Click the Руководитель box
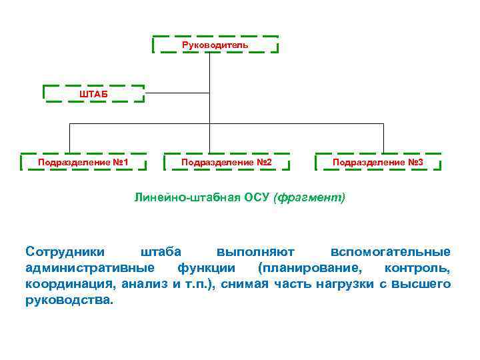tap(215, 45)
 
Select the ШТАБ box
tap(93, 93)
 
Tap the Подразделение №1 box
tap(83, 162)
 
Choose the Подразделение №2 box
tap(227, 162)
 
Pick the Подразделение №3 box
tap(377, 162)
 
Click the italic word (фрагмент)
tap(309, 198)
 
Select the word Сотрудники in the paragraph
tap(65, 252)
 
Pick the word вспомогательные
tap(391, 252)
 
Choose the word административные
tap(90, 268)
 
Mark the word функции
tap(206, 268)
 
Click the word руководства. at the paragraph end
tap(69, 300)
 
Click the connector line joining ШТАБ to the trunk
tap(177, 93)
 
